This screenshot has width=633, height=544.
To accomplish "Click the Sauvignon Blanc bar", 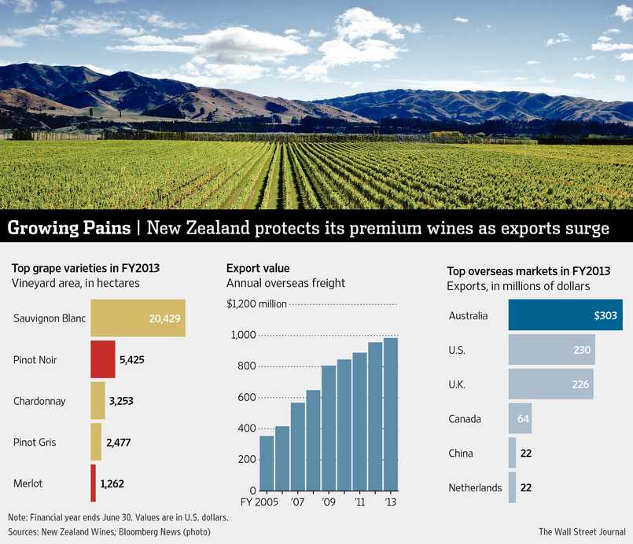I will point(138,318).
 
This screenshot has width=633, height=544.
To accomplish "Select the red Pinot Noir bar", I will point(103,359).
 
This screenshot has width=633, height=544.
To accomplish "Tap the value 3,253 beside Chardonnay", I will point(121,401).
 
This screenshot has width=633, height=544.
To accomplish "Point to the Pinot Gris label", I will point(35,443).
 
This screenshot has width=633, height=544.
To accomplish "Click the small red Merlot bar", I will point(94,483).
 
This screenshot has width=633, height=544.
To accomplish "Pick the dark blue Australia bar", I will point(565,315).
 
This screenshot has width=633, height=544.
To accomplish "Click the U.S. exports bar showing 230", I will point(551,349).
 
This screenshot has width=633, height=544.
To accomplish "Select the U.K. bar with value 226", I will point(550,384).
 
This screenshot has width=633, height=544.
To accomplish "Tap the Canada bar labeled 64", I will point(521,419).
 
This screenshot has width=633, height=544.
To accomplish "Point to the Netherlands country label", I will point(475,488).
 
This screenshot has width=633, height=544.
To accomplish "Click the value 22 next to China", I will point(526,454).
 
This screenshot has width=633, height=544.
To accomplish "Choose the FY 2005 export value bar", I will point(267,463).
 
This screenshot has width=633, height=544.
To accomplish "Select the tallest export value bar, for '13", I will point(391,414).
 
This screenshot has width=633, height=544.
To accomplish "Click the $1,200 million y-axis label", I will point(256,304).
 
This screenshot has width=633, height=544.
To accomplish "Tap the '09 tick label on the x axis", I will point(329,501).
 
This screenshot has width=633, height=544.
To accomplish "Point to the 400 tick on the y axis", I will point(245,428).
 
